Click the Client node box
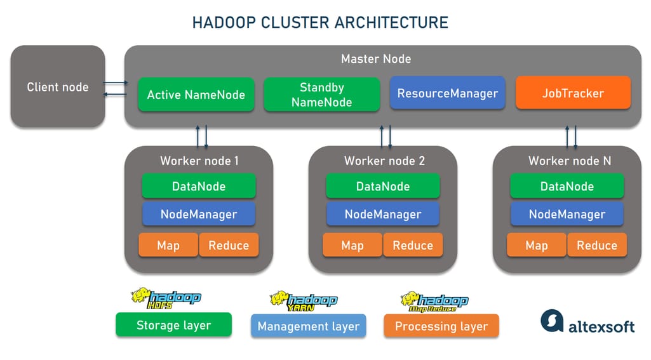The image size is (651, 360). pos(58,87)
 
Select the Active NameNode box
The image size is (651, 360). pos(196,95)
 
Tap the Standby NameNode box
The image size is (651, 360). pos(321,95)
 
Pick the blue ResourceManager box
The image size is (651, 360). pos(447,93)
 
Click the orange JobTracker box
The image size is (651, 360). pos(573,93)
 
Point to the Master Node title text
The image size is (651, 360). pos(376,59)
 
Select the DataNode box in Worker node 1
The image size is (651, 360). pos(199,186)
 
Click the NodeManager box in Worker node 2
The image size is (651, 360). pos(383,214)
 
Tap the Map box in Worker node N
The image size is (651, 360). pos(537,245)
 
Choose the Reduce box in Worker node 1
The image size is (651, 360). pos(229,245)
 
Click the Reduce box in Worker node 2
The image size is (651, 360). pos(413,245)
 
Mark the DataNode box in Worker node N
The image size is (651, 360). pos(567,186)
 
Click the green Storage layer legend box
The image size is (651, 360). pos(173,326)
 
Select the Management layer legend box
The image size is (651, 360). pos(309,326)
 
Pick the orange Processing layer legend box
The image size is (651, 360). pos(441,326)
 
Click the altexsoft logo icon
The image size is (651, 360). pos(551,321)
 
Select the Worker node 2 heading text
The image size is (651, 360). pos(384,161)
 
